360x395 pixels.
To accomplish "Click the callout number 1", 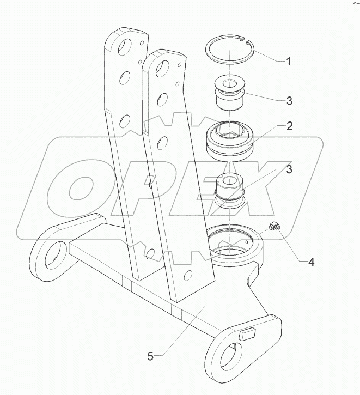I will click(288, 61).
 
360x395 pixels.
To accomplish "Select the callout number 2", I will click(289, 126).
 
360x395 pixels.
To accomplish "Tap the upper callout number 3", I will click(289, 100).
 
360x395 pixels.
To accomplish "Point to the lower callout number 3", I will click(289, 169).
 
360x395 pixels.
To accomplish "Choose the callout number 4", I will click(311, 262).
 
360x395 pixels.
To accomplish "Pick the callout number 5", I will click(151, 356).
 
